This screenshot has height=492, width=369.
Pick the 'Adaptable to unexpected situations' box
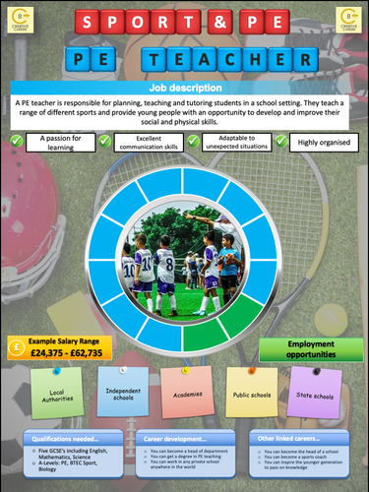coord(233,142)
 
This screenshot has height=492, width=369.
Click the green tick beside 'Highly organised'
coord(281,142)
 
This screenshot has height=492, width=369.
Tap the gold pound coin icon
coord(17,346)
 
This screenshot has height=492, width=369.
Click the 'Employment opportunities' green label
coord(305,350)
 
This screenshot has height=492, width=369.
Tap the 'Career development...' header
coord(184,436)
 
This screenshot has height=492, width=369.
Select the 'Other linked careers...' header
coord(300,436)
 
